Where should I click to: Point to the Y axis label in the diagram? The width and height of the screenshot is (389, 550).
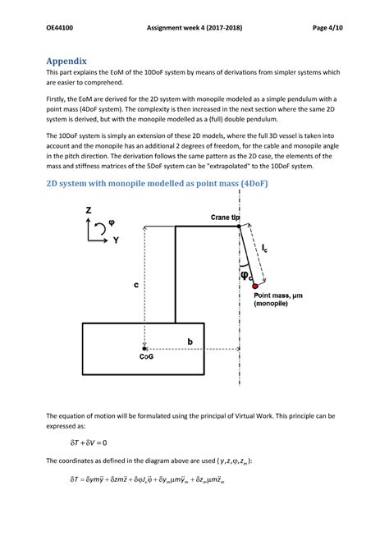117,241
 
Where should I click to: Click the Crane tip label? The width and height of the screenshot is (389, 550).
220,218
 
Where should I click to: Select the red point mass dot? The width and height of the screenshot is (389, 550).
254,284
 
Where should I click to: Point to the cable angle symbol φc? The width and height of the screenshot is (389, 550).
245,276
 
